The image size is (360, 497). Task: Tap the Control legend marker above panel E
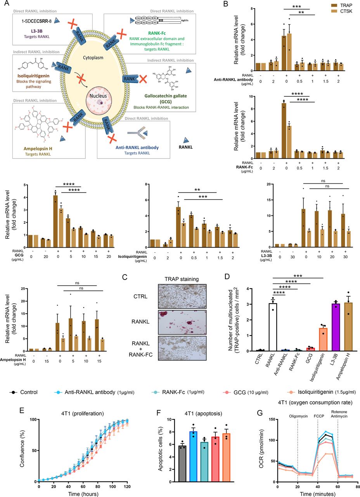(13, 392)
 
